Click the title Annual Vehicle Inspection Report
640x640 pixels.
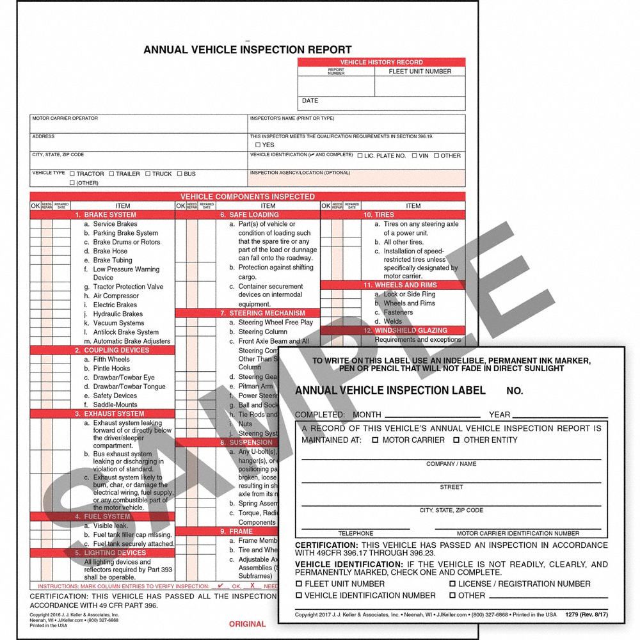click(x=247, y=49)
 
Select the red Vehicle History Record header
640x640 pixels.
click(x=381, y=62)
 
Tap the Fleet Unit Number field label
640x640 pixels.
click(x=420, y=72)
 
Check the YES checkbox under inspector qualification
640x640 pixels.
click(x=258, y=145)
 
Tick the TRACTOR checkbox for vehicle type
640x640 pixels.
click(x=72, y=174)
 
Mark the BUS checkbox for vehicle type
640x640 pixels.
click(x=180, y=174)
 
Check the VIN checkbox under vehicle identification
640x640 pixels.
click(x=415, y=156)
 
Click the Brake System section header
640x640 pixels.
click(x=106, y=215)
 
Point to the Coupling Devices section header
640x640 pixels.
click(x=108, y=350)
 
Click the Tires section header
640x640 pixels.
click(x=378, y=215)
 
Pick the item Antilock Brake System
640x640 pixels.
click(x=125, y=332)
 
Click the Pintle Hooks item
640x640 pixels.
click(x=111, y=369)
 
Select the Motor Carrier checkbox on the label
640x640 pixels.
click(x=376, y=440)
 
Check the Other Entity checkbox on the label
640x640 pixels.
click(x=456, y=440)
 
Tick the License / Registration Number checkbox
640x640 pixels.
click(x=452, y=584)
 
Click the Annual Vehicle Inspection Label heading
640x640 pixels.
click(x=390, y=390)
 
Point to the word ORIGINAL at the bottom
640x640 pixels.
click(x=247, y=624)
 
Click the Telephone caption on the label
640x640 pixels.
click(x=355, y=533)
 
